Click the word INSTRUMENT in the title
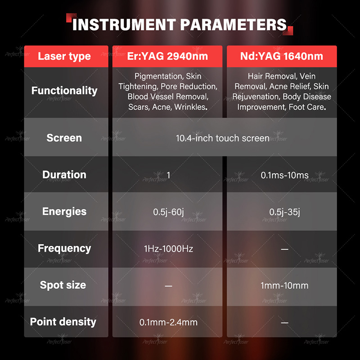click(124, 24)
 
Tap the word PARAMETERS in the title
click(234, 24)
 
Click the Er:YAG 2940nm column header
click(167, 56)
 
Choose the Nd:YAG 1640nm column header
click(282, 56)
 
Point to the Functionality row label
click(64, 91)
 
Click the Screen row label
click(64, 138)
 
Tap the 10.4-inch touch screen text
click(223, 138)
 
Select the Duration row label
click(64, 175)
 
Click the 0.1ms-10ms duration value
click(285, 175)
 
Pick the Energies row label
click(64, 211)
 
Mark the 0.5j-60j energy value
click(168, 212)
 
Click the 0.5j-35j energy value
click(285, 212)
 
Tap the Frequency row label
click(64, 248)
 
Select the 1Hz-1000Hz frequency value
click(168, 249)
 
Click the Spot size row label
click(63, 285)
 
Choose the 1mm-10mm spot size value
click(285, 286)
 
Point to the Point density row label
click(63, 322)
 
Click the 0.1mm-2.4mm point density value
click(168, 322)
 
